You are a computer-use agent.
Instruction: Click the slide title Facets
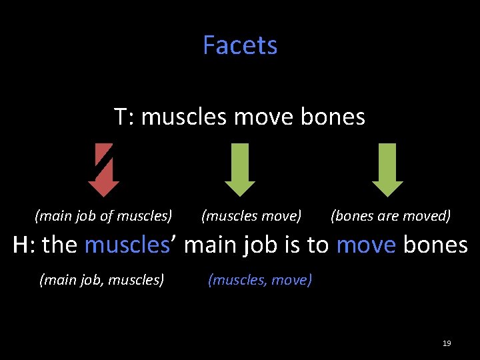pyautogui.click(x=240, y=45)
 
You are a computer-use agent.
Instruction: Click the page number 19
pyautogui.click(x=447, y=343)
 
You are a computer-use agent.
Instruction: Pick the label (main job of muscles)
pyautogui.click(x=103, y=216)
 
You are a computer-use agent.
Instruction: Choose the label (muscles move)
pyautogui.click(x=251, y=216)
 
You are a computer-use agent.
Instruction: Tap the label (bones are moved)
pyautogui.click(x=391, y=216)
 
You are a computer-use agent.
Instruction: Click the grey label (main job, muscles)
pyautogui.click(x=101, y=280)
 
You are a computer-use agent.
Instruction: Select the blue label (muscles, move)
pyautogui.click(x=260, y=280)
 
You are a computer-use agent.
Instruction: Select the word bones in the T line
pyautogui.click(x=333, y=117)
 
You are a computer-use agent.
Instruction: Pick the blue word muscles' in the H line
pyautogui.click(x=131, y=245)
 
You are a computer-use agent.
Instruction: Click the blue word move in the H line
pyautogui.click(x=365, y=245)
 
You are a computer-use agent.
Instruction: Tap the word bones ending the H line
pyautogui.click(x=435, y=245)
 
